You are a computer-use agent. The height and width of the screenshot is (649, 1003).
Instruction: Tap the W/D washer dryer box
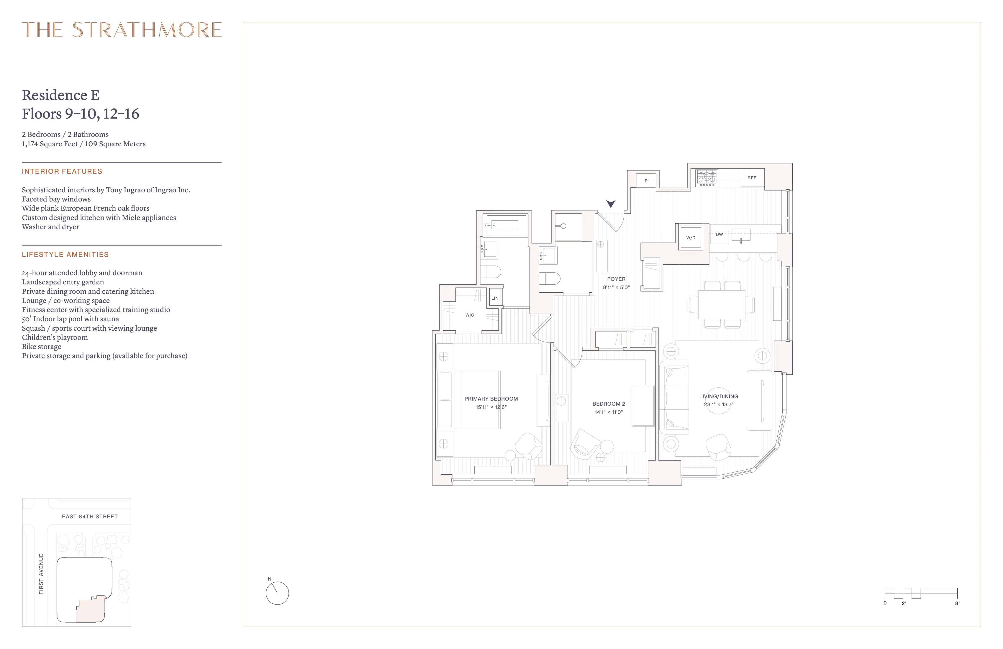691,238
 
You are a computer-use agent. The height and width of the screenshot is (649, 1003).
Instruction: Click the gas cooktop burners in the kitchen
707,178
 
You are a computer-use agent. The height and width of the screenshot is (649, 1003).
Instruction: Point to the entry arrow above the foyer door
611,204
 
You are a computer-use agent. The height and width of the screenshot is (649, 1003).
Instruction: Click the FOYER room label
616,279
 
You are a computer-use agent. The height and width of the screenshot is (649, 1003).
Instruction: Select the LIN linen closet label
495,298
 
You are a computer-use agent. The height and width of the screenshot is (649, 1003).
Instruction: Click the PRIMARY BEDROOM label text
491,399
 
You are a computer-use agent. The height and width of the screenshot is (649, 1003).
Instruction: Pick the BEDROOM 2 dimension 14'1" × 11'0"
609,412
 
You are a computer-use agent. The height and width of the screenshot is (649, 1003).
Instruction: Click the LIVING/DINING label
719,396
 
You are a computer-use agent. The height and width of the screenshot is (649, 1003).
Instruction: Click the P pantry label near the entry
646,181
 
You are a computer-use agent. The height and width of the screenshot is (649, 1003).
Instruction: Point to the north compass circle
277,593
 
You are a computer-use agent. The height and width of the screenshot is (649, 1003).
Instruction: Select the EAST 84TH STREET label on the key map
90,517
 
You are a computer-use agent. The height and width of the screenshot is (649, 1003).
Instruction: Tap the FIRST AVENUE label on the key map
41,574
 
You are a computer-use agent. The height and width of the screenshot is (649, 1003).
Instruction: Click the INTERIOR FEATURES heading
62,171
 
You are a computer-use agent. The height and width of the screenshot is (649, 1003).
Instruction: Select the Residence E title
61,95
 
